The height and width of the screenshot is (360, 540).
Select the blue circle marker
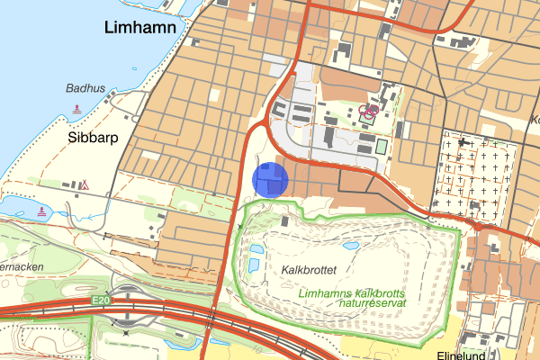(x=269, y=178)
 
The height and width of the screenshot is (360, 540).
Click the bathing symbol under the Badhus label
(x=76, y=109)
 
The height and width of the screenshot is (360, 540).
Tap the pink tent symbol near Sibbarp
(x=85, y=185)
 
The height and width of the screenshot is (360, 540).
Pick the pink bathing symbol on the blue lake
(x=44, y=211)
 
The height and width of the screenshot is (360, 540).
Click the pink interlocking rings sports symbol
(x=367, y=112)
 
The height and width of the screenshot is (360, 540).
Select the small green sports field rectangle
(x=380, y=146)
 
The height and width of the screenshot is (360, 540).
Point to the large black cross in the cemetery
(x=464, y=141)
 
